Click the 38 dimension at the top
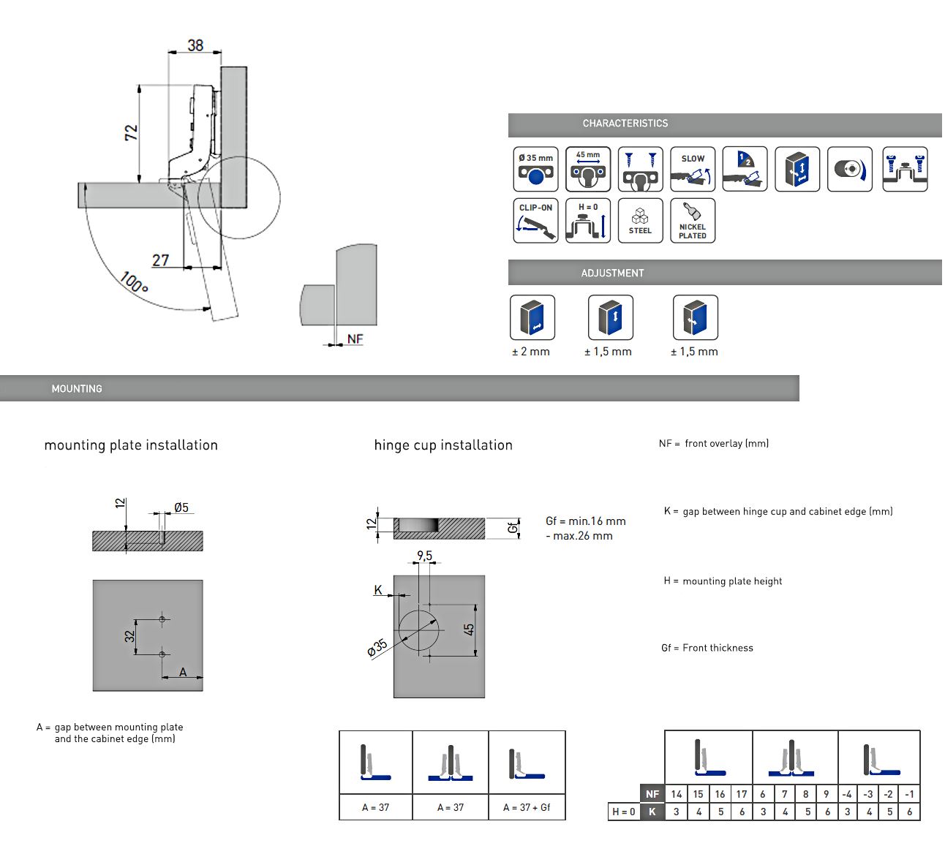[195, 45]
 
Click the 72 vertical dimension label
[131, 132]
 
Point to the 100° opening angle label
[134, 282]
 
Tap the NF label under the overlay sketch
[355, 339]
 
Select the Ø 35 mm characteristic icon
[535, 169]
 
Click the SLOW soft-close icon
[693, 169]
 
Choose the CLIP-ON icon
[535, 220]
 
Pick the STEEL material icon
[640, 220]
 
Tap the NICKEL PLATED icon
[693, 220]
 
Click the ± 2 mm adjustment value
[531, 352]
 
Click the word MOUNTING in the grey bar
[77, 389]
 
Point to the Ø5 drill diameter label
[181, 507]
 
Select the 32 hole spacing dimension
[129, 636]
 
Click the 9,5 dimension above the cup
[424, 556]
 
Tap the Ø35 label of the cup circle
[377, 648]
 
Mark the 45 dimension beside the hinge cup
[469, 629]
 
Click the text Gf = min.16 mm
[586, 521]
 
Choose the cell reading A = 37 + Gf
[527, 807]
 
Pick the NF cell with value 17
[742, 794]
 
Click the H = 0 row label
[623, 812]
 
